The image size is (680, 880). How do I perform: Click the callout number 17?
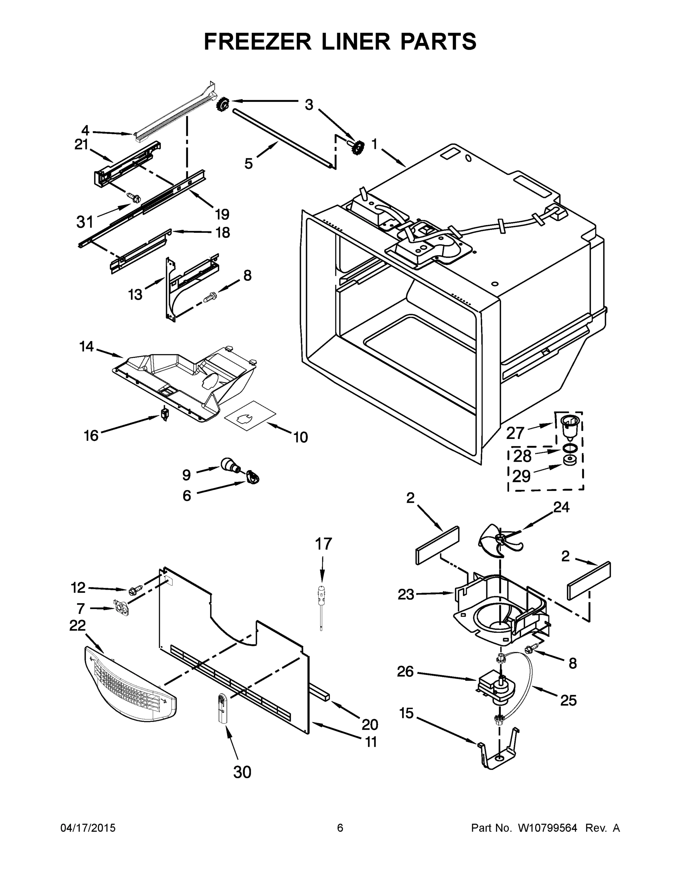(x=323, y=544)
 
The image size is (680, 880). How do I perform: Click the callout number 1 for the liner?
(x=374, y=144)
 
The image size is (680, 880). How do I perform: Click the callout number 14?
(x=86, y=346)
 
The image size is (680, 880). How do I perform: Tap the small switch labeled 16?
(x=164, y=413)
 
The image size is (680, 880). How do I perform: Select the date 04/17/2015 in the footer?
(x=88, y=828)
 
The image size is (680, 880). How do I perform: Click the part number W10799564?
(x=547, y=828)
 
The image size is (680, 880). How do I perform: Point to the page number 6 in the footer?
(x=340, y=828)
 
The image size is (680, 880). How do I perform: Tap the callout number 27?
(x=514, y=433)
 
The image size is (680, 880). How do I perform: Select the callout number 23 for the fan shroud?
(x=406, y=594)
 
